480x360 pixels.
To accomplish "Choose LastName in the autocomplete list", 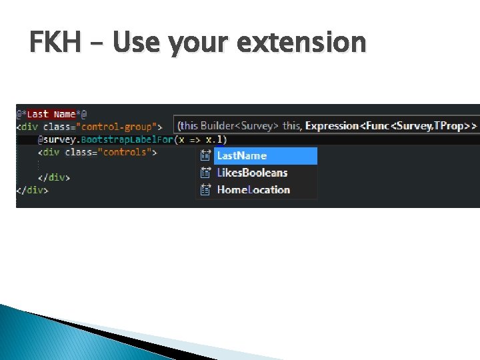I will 241,155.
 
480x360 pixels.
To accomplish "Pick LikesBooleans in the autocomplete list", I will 252,173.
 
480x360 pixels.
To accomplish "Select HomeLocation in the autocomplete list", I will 253,190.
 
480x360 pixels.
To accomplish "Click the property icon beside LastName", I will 206,155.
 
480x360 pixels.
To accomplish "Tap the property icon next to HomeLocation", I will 206,190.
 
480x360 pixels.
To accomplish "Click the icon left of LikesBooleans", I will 206,173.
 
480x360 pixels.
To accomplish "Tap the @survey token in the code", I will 57,139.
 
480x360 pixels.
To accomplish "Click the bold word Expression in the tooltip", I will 332,125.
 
